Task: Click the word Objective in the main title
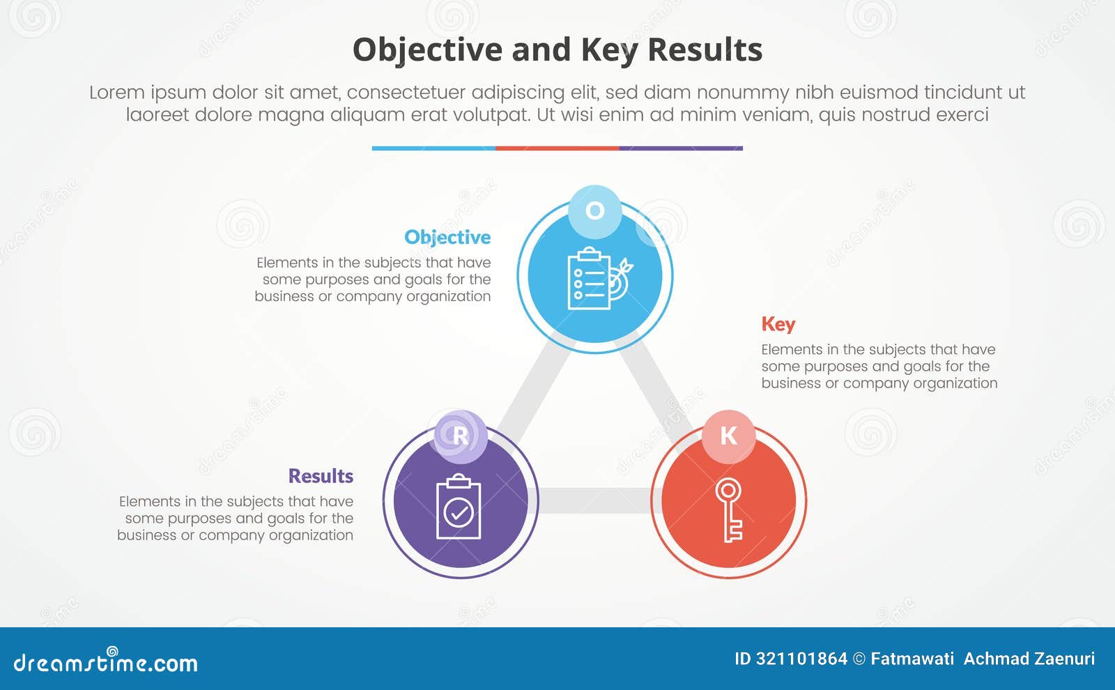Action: [426, 50]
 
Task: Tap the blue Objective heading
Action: [447, 237]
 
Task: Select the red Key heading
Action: [778, 324]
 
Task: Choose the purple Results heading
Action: [321, 476]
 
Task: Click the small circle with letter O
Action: [594, 210]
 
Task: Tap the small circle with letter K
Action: [728, 436]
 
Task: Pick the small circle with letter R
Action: [460, 436]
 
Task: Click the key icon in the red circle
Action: [729, 509]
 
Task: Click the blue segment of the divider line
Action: [433, 148]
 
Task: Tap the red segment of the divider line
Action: [557, 148]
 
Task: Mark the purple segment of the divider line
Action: [681, 148]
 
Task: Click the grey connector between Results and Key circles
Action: [594, 500]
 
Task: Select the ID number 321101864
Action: [801, 659]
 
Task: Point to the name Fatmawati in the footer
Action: [912, 659]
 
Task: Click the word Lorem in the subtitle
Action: [116, 92]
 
